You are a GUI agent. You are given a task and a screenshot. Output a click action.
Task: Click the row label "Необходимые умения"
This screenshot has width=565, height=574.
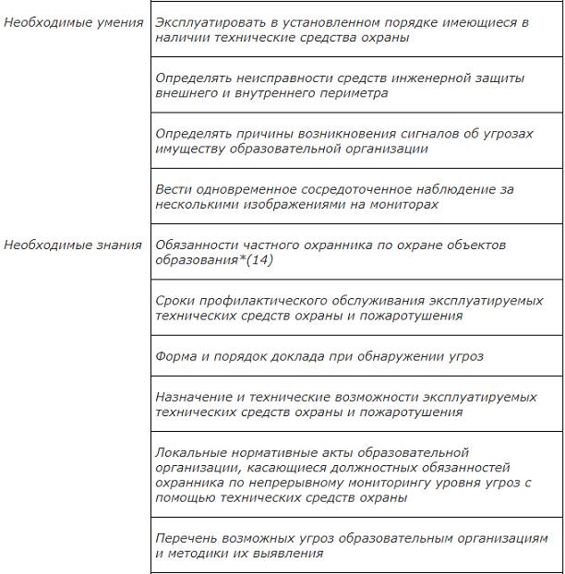coord(73,21)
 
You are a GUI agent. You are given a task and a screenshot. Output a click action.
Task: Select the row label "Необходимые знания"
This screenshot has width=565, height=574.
coord(73,245)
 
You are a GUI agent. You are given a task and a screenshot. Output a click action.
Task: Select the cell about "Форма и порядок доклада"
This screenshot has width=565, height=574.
coord(319,356)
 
